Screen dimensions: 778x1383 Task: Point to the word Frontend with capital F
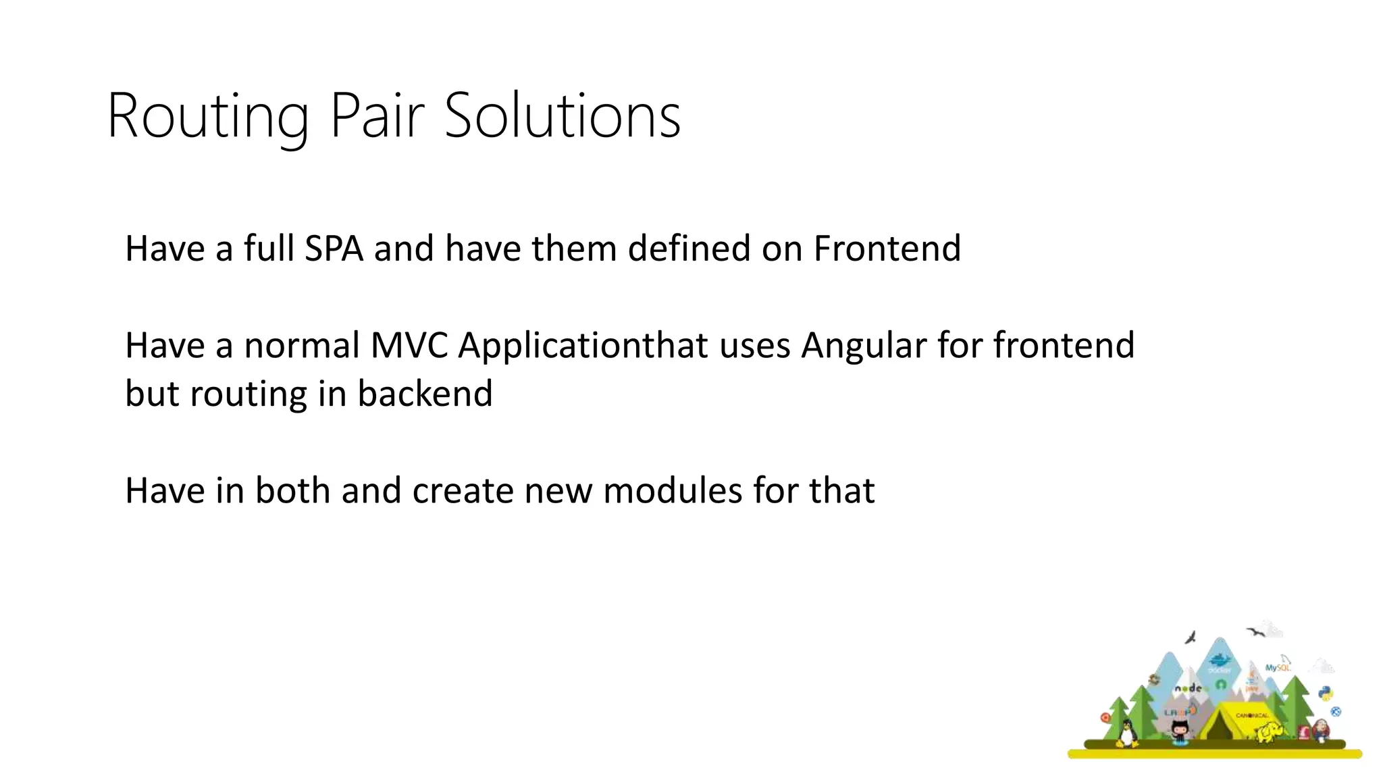(x=887, y=248)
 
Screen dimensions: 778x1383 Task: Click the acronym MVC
(x=409, y=345)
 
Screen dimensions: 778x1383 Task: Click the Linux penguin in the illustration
(x=1126, y=733)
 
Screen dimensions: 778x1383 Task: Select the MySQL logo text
(x=1277, y=667)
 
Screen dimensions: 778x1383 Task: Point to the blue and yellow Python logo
(x=1326, y=693)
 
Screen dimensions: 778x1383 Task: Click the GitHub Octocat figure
(x=1179, y=731)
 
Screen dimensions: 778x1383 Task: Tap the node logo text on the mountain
(x=1188, y=688)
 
